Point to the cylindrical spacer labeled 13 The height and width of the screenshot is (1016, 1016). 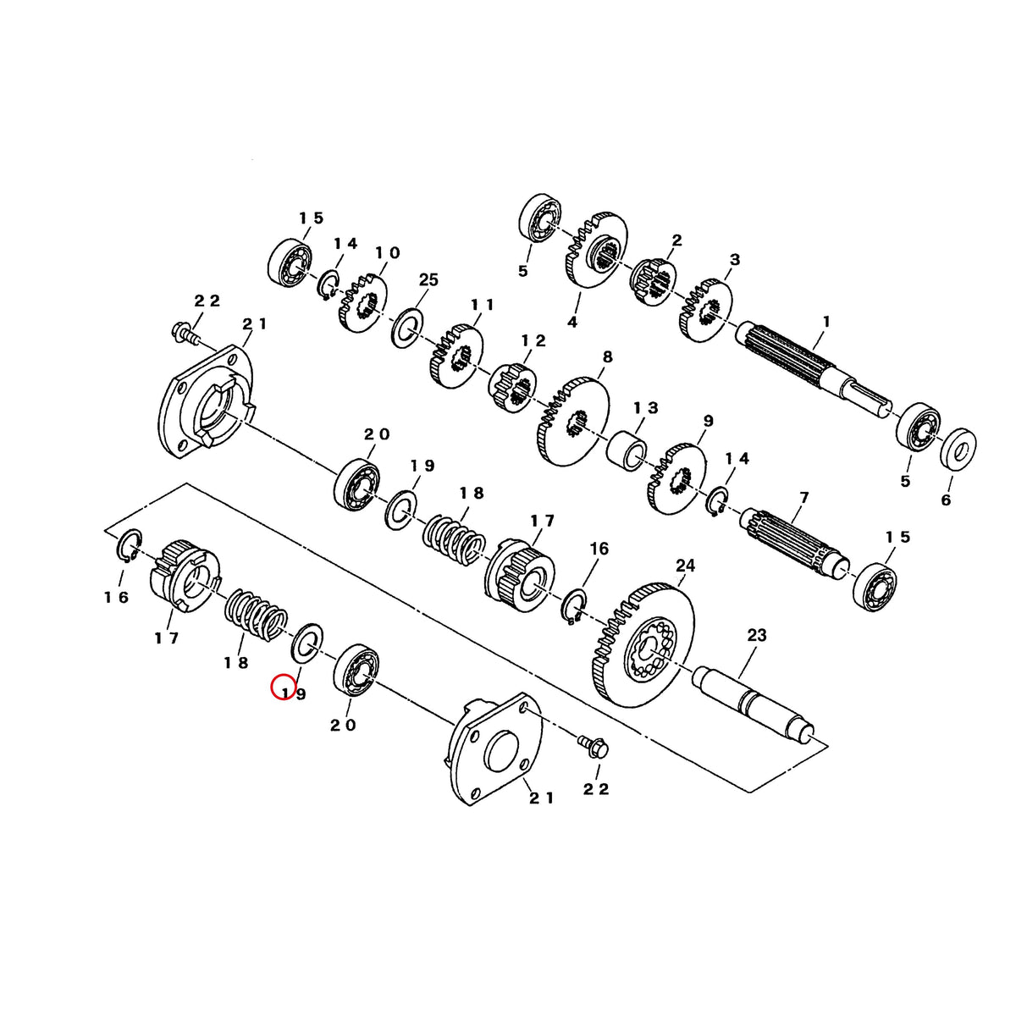point(627,448)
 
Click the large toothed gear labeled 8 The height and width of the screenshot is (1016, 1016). point(573,422)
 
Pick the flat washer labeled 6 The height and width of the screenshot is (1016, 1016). point(958,449)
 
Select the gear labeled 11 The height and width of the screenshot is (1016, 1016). point(456,356)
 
